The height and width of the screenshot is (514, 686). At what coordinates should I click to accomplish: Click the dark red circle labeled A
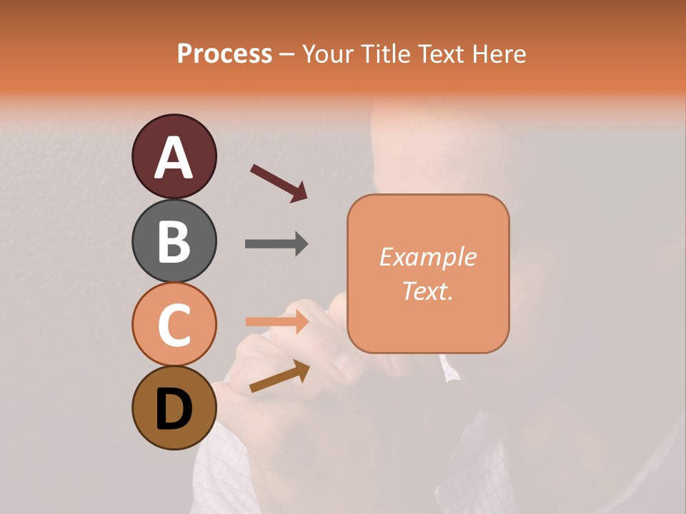(174, 156)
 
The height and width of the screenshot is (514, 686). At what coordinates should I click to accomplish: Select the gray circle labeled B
(174, 241)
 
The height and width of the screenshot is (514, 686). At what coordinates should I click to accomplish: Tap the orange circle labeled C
(174, 324)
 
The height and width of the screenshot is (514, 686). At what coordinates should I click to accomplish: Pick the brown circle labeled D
(174, 408)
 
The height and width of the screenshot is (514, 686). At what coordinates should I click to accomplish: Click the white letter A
(174, 158)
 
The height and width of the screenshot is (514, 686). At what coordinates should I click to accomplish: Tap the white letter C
(174, 326)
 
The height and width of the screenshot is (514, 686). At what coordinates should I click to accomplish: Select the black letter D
(174, 409)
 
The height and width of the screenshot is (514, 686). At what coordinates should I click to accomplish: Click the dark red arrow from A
(279, 183)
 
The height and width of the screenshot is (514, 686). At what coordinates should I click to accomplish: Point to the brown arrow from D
(279, 376)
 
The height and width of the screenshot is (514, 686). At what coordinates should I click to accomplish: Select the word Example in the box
(428, 257)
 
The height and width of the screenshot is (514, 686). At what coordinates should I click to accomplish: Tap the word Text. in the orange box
(428, 291)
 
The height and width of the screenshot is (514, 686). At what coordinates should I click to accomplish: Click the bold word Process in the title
(224, 54)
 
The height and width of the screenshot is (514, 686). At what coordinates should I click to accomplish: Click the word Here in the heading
(499, 54)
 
